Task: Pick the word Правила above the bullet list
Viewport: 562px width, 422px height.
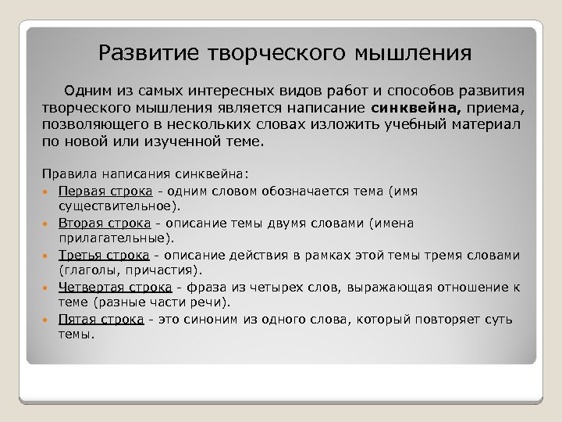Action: pyautogui.click(x=68, y=175)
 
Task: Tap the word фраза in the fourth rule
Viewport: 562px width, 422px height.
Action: pyautogui.click(x=198, y=287)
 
